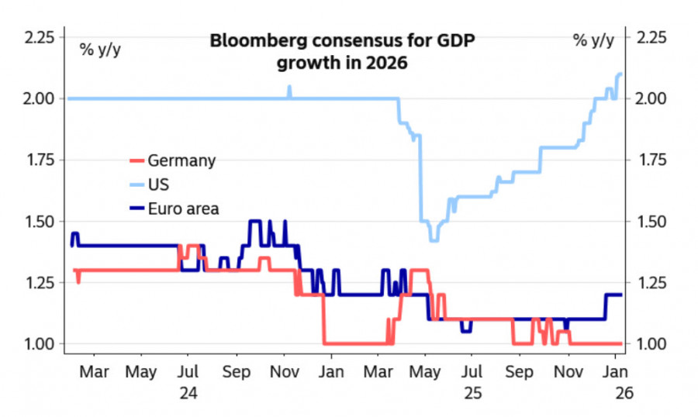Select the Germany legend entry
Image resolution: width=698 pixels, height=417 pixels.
tap(181, 161)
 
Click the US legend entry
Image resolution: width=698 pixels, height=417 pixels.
tap(158, 184)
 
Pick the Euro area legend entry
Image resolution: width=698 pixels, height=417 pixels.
tap(183, 208)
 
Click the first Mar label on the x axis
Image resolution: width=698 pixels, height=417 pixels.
tap(94, 373)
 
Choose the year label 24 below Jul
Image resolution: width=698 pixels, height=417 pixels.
tap(188, 394)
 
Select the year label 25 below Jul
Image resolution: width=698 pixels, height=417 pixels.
tap(473, 394)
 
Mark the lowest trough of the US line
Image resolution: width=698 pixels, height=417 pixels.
tap(434, 240)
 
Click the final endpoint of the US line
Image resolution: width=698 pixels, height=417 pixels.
tap(622, 74)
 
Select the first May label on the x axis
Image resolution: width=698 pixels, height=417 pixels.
tap(141, 373)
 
